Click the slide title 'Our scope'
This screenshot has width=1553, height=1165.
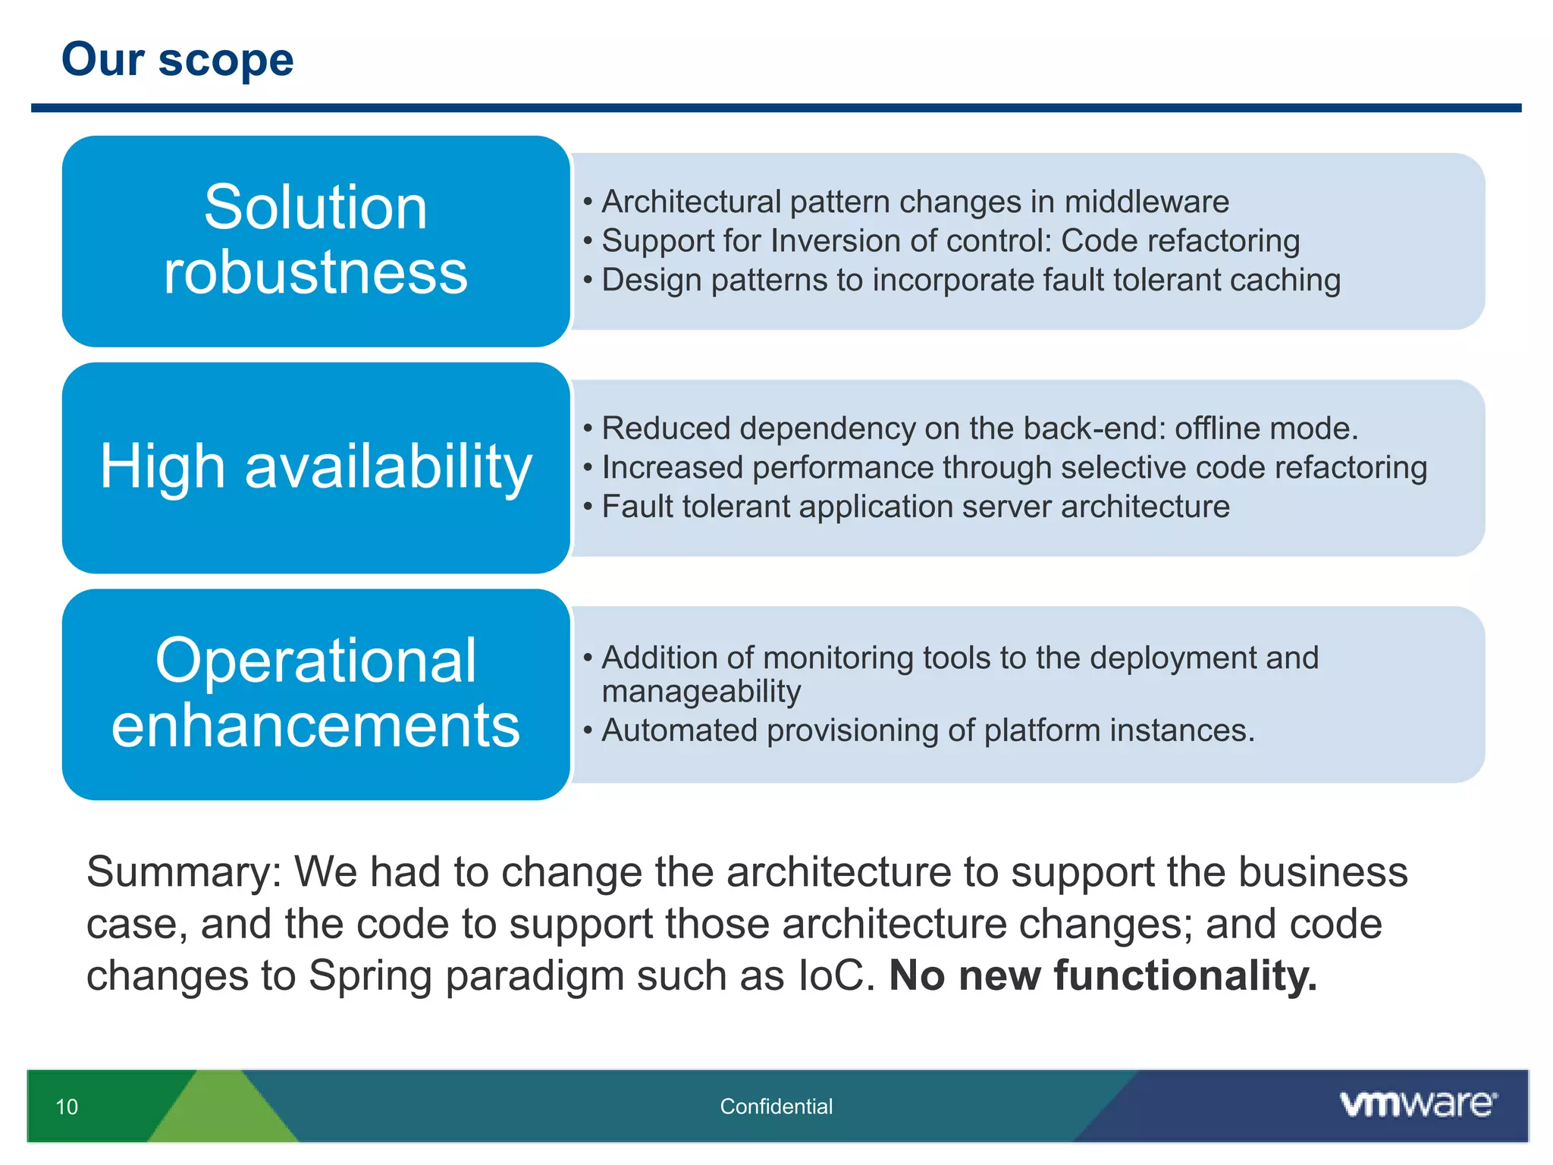point(177,60)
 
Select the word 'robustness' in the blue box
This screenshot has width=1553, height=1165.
point(315,272)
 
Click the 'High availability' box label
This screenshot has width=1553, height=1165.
point(315,466)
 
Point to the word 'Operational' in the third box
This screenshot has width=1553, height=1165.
point(315,661)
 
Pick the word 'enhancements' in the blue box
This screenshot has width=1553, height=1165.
point(315,726)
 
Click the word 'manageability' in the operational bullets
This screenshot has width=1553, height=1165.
point(701,692)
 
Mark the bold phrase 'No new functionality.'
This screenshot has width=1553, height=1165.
point(1103,975)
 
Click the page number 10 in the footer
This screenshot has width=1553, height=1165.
point(67,1107)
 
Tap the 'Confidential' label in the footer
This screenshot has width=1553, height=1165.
point(776,1107)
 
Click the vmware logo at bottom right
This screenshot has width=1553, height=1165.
point(1417,1104)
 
